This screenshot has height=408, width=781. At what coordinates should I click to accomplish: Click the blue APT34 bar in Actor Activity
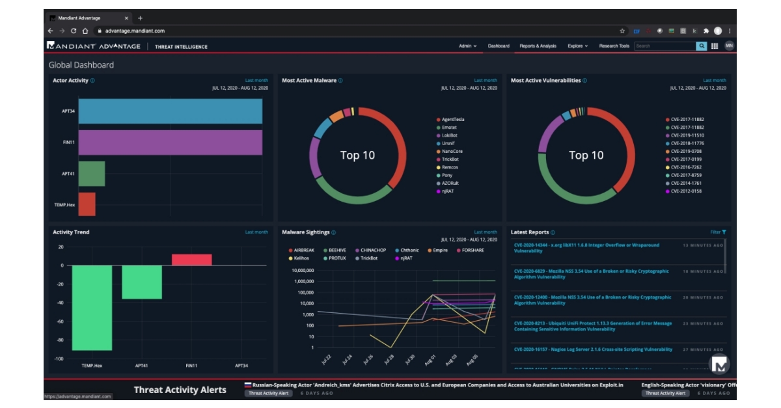coord(170,111)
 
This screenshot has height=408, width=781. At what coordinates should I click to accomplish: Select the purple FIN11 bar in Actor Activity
coord(170,143)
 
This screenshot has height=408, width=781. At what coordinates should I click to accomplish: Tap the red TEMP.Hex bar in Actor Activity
coord(87,204)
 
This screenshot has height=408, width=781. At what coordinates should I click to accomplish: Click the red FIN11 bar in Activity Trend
coord(192,260)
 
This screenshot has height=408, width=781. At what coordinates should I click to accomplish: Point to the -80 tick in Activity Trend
coord(59,340)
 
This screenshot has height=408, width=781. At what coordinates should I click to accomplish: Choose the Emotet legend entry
coord(449,128)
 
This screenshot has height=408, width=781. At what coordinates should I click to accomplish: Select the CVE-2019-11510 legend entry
coord(687,135)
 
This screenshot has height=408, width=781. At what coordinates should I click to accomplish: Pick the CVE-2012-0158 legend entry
coord(687,191)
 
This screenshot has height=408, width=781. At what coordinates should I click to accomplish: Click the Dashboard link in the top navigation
coord(499,46)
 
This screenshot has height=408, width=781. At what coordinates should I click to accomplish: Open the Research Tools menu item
coord(614,46)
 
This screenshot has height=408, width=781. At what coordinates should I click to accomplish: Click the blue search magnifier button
coord(702,46)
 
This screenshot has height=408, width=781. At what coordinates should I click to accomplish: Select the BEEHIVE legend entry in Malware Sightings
coord(336,251)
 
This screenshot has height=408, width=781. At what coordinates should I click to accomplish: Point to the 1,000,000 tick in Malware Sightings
coord(303,281)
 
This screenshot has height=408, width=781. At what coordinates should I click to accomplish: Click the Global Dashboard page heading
coord(81,65)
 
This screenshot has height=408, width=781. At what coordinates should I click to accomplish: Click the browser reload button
coord(74,31)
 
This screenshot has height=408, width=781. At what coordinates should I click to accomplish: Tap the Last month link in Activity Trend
coord(256,232)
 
